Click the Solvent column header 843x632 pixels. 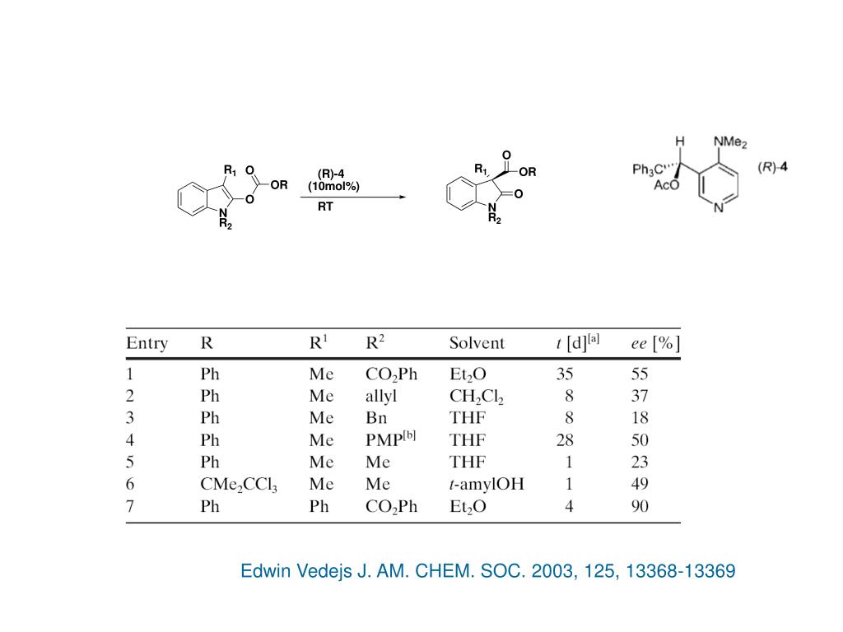point(477,343)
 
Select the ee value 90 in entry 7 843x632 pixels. point(640,506)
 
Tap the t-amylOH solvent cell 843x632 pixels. point(487,484)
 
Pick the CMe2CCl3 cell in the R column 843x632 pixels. point(239,485)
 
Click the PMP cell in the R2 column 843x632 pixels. point(390,439)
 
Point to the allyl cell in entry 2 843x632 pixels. point(381,396)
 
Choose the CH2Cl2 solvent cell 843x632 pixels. point(477,397)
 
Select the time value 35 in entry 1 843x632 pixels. point(565,374)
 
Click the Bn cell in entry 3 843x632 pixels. point(376,418)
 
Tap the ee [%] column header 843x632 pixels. point(655,343)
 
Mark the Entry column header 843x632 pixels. point(147,343)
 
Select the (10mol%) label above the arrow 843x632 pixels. point(333,186)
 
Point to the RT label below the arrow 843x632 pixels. point(326,207)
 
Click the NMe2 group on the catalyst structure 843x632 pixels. point(730,143)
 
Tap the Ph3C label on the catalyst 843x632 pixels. point(648,170)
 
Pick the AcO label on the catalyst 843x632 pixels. point(667,186)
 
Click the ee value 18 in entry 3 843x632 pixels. point(640,418)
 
